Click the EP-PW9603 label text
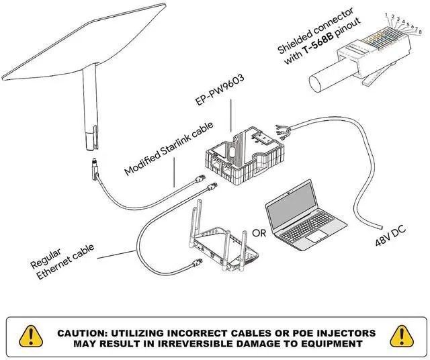[x=219, y=89]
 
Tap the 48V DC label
[x=390, y=236]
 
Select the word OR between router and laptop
[x=259, y=233]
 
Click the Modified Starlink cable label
[x=169, y=148]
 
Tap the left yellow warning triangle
[x=31, y=336]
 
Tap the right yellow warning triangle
[x=402, y=336]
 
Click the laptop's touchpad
[x=316, y=236]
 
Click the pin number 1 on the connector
[x=386, y=14]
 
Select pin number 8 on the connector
[x=421, y=32]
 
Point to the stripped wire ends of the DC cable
[x=282, y=131]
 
